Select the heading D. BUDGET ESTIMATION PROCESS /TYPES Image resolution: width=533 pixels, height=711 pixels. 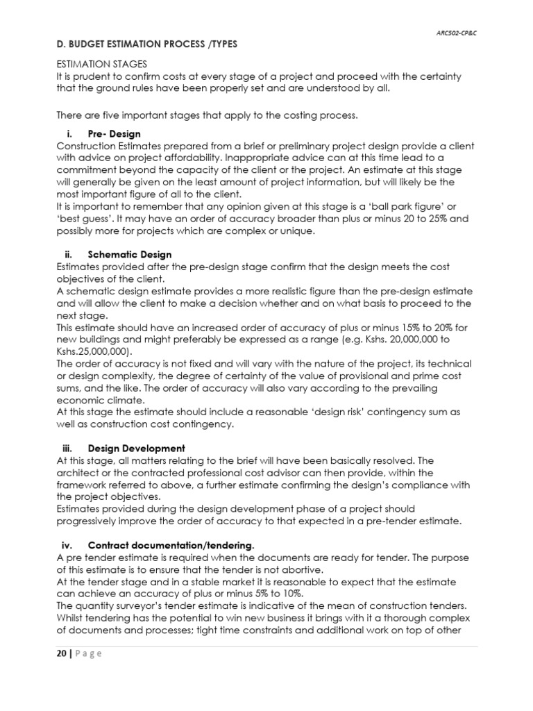(146, 44)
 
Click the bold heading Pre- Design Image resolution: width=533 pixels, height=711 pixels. (116, 134)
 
